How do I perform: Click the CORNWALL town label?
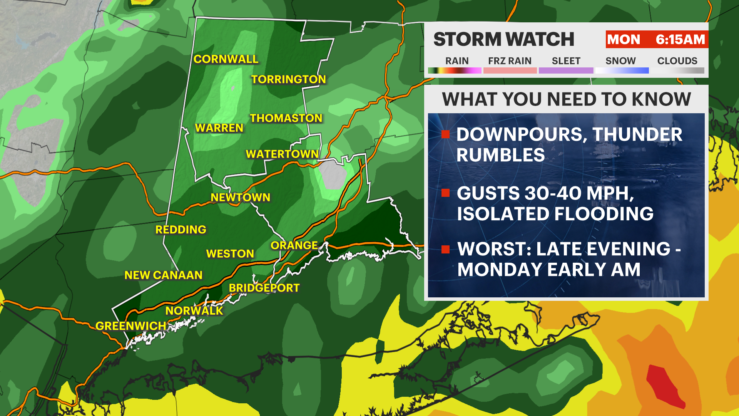pyautogui.click(x=226, y=59)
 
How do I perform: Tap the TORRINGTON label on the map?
pyautogui.click(x=288, y=79)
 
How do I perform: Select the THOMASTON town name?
pyautogui.click(x=286, y=118)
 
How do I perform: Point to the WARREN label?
pyautogui.click(x=219, y=128)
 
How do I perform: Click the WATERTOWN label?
pyautogui.click(x=282, y=154)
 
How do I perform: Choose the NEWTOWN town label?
pyautogui.click(x=240, y=198)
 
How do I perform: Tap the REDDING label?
pyautogui.click(x=181, y=230)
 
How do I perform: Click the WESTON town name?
pyautogui.click(x=230, y=254)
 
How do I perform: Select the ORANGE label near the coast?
pyautogui.click(x=294, y=245)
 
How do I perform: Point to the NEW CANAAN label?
pyautogui.click(x=163, y=275)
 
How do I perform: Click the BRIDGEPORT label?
pyautogui.click(x=264, y=288)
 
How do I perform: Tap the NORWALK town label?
pyautogui.click(x=194, y=311)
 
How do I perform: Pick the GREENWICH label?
pyautogui.click(x=130, y=326)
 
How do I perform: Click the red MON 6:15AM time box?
pyautogui.click(x=656, y=39)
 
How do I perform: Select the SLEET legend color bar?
pyautogui.click(x=566, y=70)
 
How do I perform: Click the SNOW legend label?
pyautogui.click(x=620, y=61)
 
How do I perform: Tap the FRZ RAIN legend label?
pyautogui.click(x=510, y=61)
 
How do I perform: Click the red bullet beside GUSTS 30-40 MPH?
pyautogui.click(x=446, y=193)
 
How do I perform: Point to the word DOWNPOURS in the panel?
pyautogui.click(x=522, y=134)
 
